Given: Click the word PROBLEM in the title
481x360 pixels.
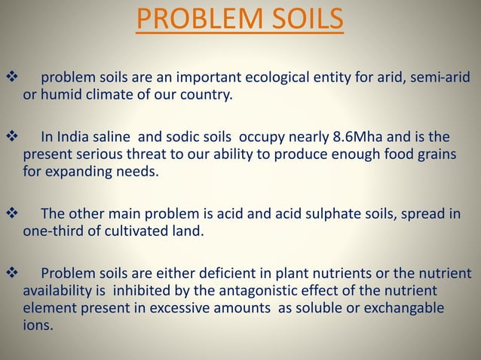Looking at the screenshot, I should [x=191, y=20].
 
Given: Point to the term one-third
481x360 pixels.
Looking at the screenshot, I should [x=51, y=231].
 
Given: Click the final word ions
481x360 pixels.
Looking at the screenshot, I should [x=38, y=325].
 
